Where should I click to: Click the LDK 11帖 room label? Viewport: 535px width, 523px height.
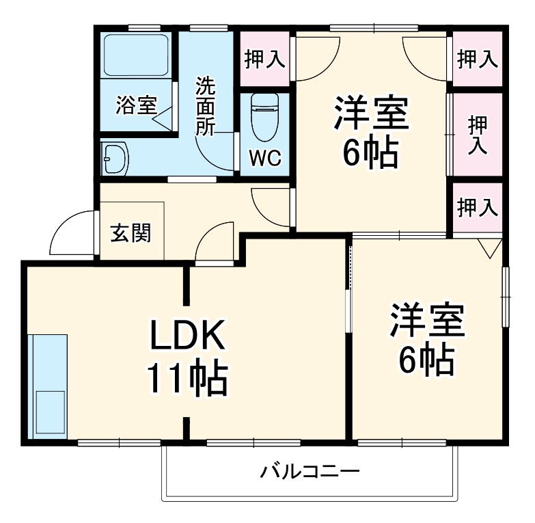point(187,356)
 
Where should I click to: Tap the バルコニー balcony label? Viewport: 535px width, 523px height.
point(310,472)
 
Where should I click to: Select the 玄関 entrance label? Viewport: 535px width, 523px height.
point(131,233)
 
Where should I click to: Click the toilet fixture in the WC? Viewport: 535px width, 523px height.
point(264,116)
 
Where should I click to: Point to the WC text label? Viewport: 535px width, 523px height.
point(264,158)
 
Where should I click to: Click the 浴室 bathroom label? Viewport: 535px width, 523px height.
point(136,106)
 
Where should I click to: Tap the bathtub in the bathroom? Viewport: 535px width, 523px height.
point(136,57)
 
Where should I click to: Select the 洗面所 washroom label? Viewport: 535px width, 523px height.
point(206,106)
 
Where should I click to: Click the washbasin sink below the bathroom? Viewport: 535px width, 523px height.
point(115,160)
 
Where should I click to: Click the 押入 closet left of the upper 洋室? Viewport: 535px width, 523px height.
point(264,59)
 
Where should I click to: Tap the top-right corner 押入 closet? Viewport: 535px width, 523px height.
point(478,59)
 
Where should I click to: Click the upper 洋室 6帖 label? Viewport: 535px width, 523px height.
point(370,133)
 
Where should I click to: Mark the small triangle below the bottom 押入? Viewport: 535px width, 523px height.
point(490,247)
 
